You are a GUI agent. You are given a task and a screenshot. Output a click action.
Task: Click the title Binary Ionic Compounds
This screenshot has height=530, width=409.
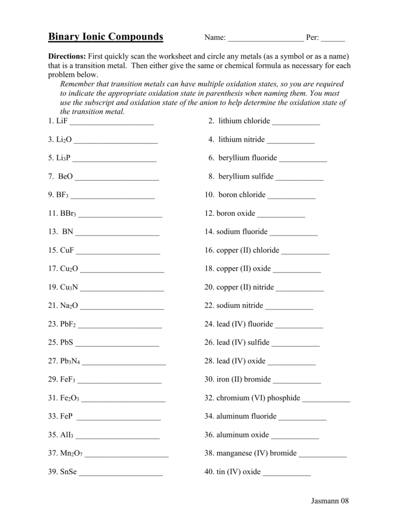point(105,37)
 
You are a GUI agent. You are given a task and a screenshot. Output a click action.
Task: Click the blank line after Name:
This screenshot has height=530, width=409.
point(265,39)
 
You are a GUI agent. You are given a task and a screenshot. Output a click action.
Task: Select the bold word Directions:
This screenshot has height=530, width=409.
point(67,56)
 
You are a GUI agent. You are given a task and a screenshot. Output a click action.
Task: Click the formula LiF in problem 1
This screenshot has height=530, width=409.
point(62,121)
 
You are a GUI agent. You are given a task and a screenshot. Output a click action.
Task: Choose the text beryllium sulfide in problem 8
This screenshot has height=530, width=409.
point(246,176)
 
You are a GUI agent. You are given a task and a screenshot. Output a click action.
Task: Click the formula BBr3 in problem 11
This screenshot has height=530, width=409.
point(68,214)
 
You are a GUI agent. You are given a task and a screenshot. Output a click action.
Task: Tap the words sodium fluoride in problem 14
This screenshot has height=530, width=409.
point(242,232)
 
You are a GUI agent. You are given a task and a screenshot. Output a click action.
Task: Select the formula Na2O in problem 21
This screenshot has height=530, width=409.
point(69,306)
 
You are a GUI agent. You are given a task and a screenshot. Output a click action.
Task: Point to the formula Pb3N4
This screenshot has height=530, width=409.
point(70,361)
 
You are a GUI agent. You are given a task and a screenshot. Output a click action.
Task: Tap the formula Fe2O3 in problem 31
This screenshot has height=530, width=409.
point(70,399)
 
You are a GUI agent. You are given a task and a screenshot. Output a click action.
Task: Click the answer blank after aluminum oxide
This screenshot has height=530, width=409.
point(295,436)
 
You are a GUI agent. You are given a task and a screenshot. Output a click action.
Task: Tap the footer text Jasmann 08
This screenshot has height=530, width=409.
point(330,500)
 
